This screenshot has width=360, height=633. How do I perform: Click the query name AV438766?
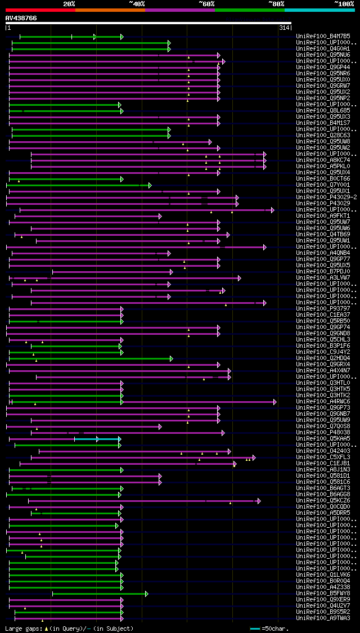pyautogui.click(x=21, y=18)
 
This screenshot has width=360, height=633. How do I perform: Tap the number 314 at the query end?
pyautogui.click(x=284, y=28)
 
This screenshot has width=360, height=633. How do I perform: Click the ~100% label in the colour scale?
pyautogui.click(x=344, y=3)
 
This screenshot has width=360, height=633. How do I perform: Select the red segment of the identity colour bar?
pyautogui.click(x=40, y=10)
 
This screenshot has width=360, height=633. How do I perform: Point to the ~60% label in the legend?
pyautogui.click(x=206, y=3)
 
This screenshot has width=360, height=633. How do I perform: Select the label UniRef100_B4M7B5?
pyautogui.click(x=323, y=37)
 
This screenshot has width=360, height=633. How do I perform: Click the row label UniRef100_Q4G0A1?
pyautogui.click(x=323, y=49)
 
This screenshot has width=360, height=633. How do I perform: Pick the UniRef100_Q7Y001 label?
pyautogui.click(x=323, y=185)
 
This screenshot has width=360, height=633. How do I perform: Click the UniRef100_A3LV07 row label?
pyautogui.click(x=323, y=278)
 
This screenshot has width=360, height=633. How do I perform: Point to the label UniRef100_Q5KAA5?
pyautogui.click(x=323, y=439)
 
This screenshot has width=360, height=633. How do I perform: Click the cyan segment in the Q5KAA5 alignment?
pyautogui.click(x=109, y=439)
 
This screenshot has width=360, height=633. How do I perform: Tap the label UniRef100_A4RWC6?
pyautogui.click(x=323, y=402)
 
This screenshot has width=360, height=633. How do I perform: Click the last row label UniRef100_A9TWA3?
pyautogui.click(x=323, y=618)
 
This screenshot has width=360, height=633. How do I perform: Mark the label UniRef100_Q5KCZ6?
pyautogui.click(x=323, y=501)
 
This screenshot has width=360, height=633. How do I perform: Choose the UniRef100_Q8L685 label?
pyautogui.click(x=323, y=111)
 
